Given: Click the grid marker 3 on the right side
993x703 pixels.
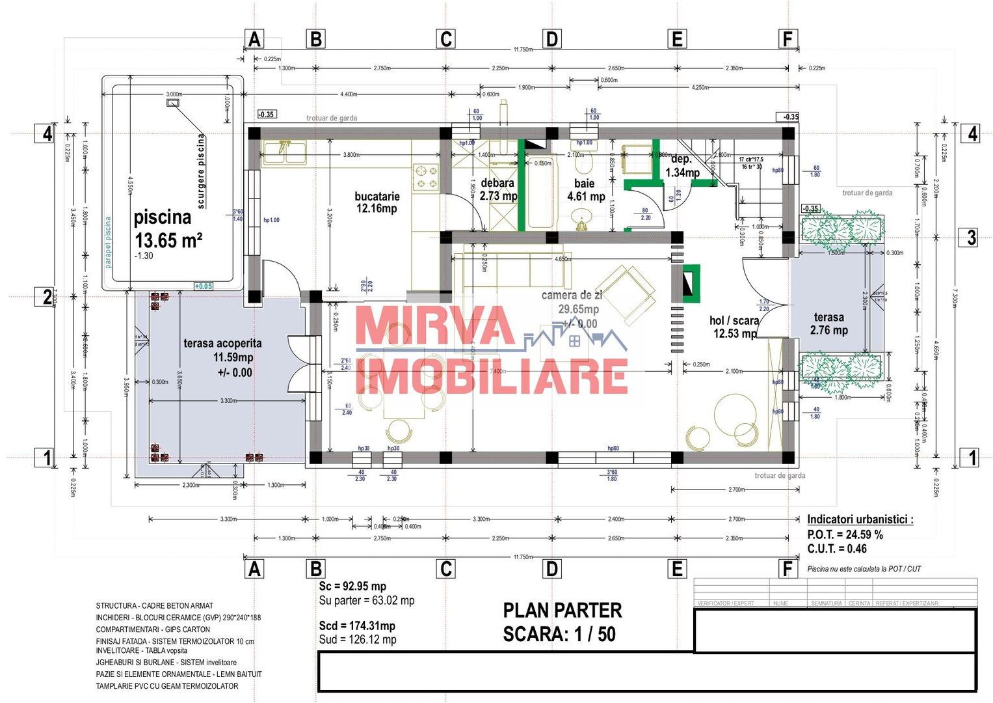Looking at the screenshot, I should tap(971, 237).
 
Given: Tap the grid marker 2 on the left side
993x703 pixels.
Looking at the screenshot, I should tap(47, 297).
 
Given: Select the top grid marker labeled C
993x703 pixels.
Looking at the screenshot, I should tap(445, 39).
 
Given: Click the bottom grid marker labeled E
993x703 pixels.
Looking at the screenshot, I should tap(677, 569).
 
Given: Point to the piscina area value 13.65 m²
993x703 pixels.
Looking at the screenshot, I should tap(168, 240).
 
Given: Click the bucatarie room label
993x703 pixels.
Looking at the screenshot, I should tap(377, 202).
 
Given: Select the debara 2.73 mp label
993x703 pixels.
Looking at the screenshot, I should tap(498, 189).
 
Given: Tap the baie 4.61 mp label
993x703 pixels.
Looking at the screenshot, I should tap(585, 190).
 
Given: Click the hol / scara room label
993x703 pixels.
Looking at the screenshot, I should tap(734, 327).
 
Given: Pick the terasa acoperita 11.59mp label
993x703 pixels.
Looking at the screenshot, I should tap(223, 357).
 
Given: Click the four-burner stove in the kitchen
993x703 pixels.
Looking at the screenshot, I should tap(427, 178).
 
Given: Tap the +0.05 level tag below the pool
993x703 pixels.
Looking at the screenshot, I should tap(204, 286).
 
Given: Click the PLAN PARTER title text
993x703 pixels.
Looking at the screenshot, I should tap(562, 611).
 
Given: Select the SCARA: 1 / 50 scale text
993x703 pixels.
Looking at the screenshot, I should tap(559, 634).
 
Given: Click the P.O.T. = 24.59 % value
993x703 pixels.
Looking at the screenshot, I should tap(845, 534).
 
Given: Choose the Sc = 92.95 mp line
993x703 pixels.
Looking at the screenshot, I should tap(352, 586).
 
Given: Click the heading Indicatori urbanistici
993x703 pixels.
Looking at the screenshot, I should tap(860, 519).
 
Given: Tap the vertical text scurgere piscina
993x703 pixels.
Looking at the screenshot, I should tap(201, 171).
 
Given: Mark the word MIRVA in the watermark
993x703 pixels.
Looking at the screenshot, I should tap(435, 325).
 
